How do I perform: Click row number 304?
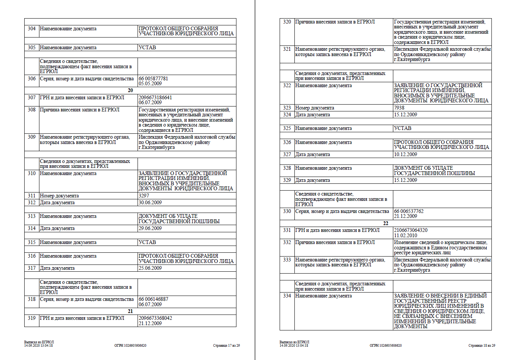32,29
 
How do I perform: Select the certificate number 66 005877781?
153,79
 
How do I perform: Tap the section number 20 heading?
130,91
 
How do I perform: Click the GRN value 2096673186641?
155,98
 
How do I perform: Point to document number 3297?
144,196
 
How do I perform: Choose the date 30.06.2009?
150,203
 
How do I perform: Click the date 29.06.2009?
150,229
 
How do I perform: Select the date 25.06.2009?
150,268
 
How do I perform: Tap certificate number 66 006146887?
153,299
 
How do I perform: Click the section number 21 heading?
130,311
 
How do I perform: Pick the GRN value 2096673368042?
155,318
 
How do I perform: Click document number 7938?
399,108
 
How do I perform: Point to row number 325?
287,128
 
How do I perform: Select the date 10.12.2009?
405,155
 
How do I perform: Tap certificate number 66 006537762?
408,211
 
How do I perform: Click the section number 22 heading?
386,224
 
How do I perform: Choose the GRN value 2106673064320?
410,230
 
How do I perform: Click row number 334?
287,296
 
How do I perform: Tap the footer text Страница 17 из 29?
226,346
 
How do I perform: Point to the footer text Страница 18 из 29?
482,346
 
